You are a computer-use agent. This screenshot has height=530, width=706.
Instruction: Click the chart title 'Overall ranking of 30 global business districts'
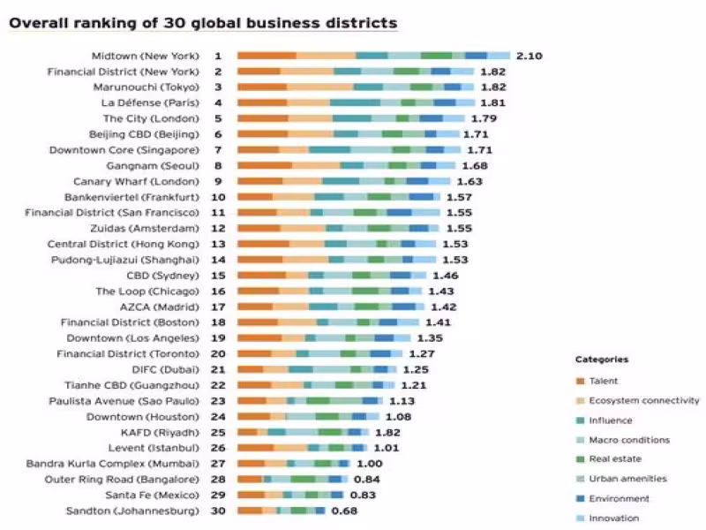[x=203, y=23]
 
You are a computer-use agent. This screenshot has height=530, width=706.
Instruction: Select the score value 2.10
[x=529, y=56]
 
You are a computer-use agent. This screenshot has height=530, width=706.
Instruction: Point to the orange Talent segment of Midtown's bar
[x=267, y=56]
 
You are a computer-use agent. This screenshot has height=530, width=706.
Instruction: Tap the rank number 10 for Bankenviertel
[x=218, y=197]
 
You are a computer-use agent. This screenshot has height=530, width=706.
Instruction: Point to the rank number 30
[x=218, y=511]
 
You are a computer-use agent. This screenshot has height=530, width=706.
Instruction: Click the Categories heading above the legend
[x=602, y=360]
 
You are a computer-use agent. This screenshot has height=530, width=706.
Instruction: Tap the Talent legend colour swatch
[x=580, y=382]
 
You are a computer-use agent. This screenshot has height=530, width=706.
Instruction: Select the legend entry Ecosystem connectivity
[x=644, y=400]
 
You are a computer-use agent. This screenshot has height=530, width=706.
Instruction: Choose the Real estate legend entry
[x=615, y=459]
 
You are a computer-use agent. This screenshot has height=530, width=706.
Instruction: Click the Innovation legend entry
[x=614, y=518]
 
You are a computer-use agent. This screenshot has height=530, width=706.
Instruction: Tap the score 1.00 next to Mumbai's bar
[x=370, y=463]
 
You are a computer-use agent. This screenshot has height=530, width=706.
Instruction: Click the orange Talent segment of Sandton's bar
[x=250, y=511]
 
